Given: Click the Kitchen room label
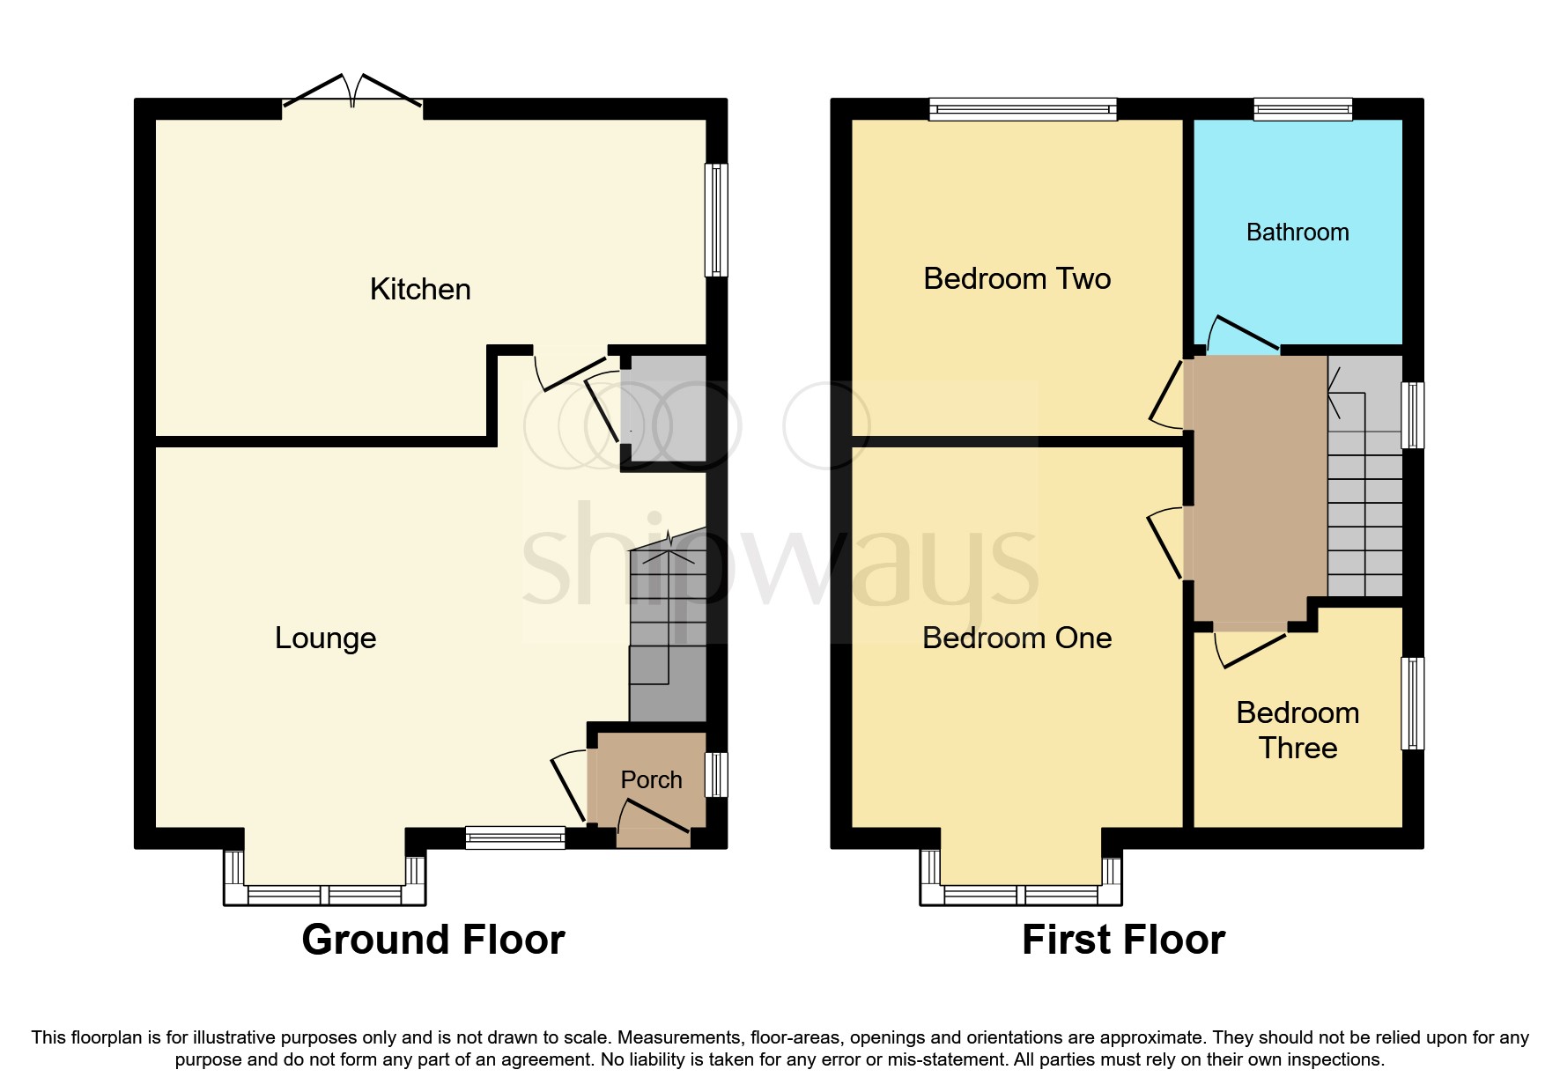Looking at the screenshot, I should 420,289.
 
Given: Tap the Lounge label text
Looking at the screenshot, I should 325,638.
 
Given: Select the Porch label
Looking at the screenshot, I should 651,779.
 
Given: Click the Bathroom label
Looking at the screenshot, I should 1298,232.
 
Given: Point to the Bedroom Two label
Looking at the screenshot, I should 1017,278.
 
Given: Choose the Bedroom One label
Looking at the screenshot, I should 1017,638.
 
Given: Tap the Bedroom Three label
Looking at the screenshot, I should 1298,730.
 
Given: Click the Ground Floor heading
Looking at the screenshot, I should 433,940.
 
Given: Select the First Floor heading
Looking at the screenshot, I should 1123,940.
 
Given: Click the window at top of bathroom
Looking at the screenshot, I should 1303,109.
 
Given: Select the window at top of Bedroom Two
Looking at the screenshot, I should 1023,109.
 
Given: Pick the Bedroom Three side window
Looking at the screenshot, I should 1412,703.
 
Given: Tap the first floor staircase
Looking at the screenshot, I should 1364,493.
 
